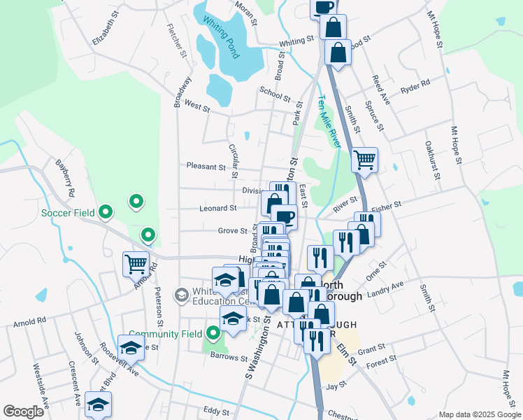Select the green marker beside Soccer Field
[106, 210]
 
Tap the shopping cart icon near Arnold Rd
[136, 265]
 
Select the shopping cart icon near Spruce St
[364, 160]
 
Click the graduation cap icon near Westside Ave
[99, 404]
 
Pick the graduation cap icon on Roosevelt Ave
[131, 347]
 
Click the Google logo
[24, 412]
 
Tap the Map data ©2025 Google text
[479, 414]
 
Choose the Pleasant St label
[206, 167]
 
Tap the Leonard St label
[218, 208]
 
